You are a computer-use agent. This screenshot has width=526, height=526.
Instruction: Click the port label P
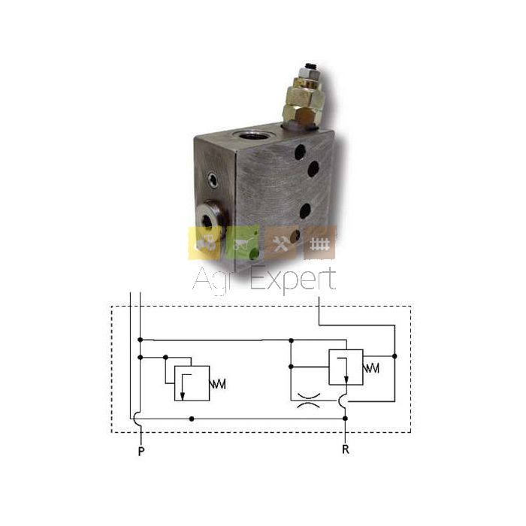click(141, 451)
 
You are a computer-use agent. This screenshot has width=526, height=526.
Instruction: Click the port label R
click(346, 449)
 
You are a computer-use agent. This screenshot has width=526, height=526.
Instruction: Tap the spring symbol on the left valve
click(218, 384)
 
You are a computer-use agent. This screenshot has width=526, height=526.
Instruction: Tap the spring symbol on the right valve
click(371, 368)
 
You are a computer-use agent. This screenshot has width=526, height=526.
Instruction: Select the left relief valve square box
click(192, 383)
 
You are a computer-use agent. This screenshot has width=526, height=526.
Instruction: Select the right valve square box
click(346, 367)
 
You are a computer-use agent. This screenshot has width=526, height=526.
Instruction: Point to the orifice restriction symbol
click(309, 401)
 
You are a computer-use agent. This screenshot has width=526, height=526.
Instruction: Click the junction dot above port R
click(346, 419)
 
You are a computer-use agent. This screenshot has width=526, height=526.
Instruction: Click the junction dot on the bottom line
click(192, 419)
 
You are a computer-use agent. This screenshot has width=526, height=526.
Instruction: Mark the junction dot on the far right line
click(394, 356)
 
